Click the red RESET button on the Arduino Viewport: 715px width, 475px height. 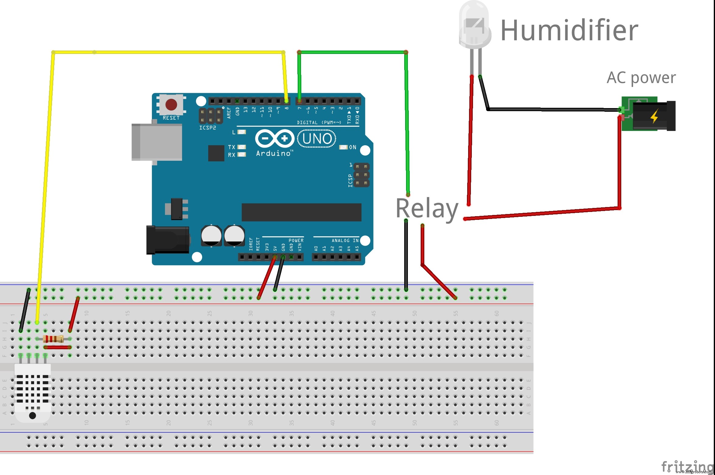point(171,104)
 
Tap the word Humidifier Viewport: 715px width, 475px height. point(569,30)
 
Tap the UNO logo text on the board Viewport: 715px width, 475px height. point(317,139)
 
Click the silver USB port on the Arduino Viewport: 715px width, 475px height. point(157,142)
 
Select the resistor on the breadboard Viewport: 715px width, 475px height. point(53,339)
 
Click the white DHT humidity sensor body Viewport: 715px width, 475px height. point(33,393)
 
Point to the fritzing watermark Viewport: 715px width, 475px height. point(687,466)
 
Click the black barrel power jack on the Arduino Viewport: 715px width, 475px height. point(167,240)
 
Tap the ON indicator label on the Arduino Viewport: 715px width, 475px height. point(352,147)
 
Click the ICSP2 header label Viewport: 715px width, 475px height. point(208,128)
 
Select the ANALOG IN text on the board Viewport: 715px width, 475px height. point(345,241)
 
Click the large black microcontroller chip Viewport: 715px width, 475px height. point(301,212)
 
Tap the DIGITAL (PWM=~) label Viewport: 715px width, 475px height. point(319,122)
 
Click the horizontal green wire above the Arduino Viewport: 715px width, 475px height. point(352,52)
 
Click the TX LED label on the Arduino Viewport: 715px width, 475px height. point(231,147)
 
